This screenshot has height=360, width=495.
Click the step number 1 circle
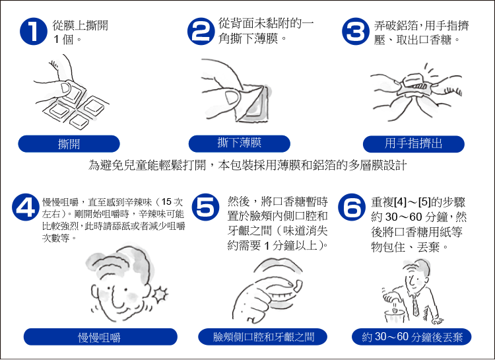coord(34,31)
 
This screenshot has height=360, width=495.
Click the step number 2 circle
coord(201,31)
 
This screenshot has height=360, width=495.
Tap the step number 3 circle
coord(356,31)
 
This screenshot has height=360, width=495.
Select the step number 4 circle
coord(26,207)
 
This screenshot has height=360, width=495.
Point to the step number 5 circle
coord(205,207)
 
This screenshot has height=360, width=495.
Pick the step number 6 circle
coord(352,207)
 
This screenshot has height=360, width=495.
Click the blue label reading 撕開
coord(69,144)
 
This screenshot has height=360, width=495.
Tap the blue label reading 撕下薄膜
coord(240,143)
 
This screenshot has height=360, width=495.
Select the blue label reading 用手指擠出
coord(414,144)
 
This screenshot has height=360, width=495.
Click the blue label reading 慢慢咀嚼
coord(100,337)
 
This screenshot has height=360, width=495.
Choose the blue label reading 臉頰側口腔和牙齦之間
coord(263,337)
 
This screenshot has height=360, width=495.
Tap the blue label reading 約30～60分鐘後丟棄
coord(412,337)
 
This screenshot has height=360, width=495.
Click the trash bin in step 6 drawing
coord(394,316)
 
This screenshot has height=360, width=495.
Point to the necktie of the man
coord(415,305)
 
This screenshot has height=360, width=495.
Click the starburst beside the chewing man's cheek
coord(160,294)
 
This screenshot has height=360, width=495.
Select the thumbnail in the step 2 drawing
coord(232,98)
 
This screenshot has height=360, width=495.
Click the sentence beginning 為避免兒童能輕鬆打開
coord(247,165)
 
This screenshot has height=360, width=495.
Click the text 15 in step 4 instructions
coord(166,201)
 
